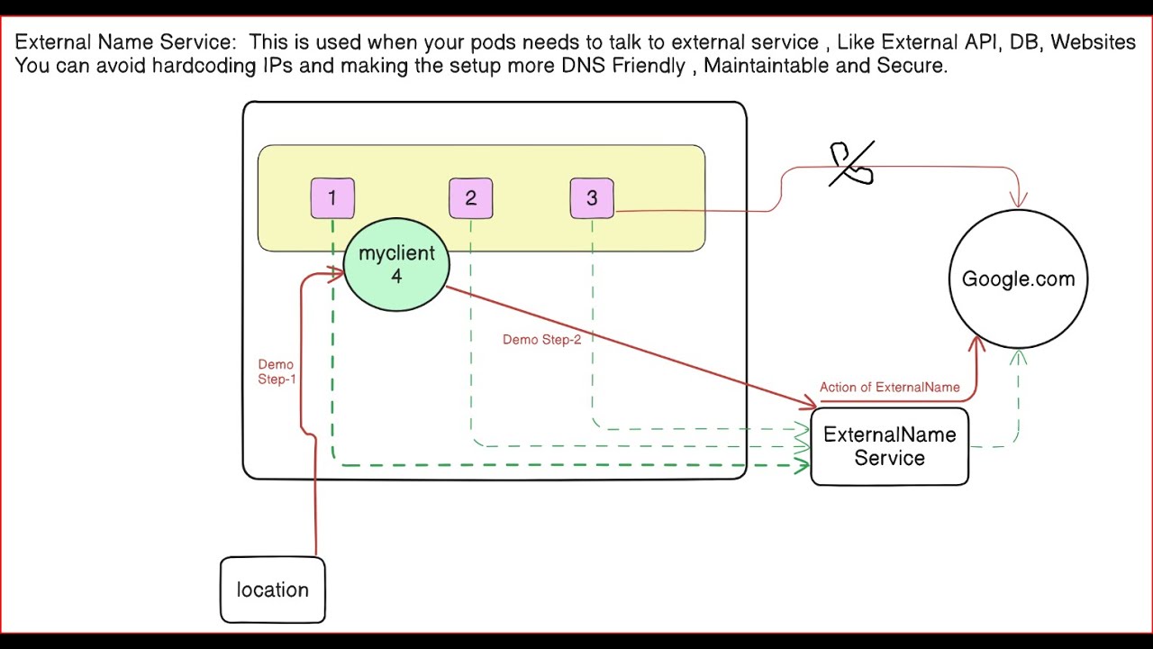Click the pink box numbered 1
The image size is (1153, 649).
click(332, 198)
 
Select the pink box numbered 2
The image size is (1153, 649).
click(470, 198)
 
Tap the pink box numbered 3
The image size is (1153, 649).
click(592, 198)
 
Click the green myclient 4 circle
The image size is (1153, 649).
click(396, 265)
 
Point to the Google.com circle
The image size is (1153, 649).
click(1019, 279)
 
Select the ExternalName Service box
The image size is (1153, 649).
click(889, 446)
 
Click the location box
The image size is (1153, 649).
click(273, 590)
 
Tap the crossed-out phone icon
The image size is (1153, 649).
click(851, 163)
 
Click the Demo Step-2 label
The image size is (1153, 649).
click(542, 340)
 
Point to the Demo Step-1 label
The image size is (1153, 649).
click(277, 372)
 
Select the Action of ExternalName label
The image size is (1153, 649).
click(889, 388)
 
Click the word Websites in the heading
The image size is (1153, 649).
click(1093, 42)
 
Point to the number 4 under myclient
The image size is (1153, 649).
click(396, 277)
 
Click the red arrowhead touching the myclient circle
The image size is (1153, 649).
click(336, 273)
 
